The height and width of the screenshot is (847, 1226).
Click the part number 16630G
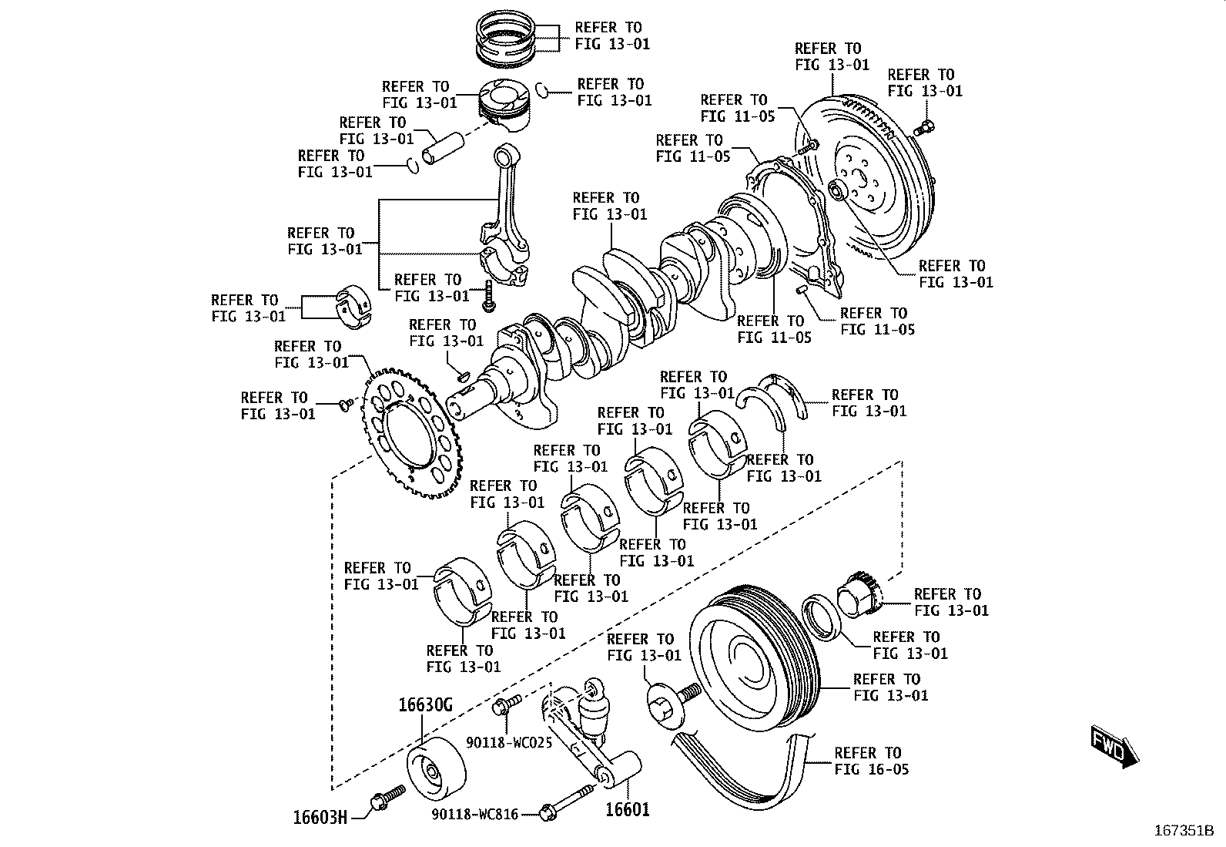click(425, 704)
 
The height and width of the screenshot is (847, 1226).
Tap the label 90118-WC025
click(509, 743)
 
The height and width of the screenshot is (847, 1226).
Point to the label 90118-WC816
click(474, 814)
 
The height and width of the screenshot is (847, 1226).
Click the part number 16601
click(627, 809)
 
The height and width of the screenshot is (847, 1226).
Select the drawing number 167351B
click(1184, 831)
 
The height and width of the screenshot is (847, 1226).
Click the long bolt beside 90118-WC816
click(568, 800)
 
